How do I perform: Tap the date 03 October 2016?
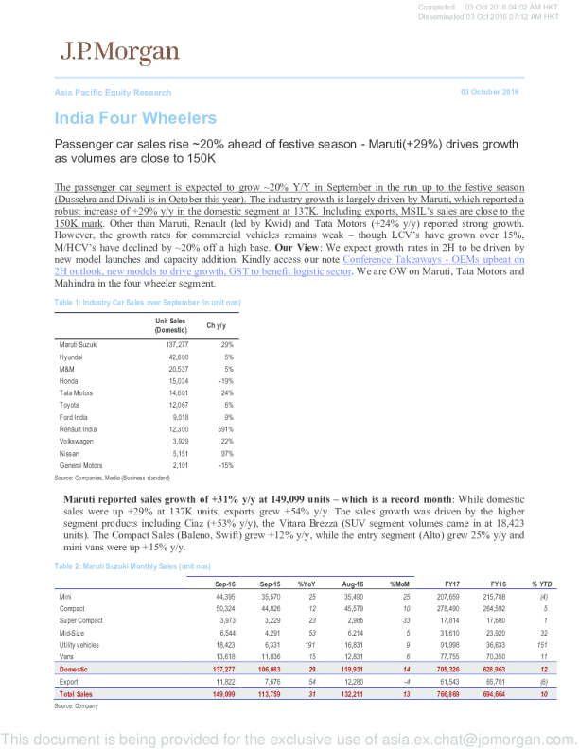(489, 92)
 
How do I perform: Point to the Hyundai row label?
(72, 357)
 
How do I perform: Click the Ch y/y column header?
(217, 325)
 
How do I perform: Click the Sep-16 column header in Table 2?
(221, 584)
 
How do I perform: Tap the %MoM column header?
(398, 584)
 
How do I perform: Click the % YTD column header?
(541, 584)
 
